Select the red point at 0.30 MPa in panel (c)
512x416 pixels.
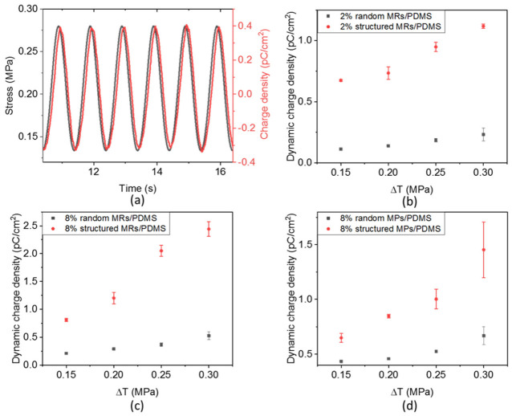click(x=209, y=229)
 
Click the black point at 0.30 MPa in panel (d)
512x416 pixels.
click(x=483, y=336)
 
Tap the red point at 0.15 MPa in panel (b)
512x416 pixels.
click(x=341, y=80)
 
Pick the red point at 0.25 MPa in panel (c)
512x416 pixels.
click(x=161, y=251)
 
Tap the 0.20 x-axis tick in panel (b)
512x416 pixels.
click(x=388, y=172)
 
